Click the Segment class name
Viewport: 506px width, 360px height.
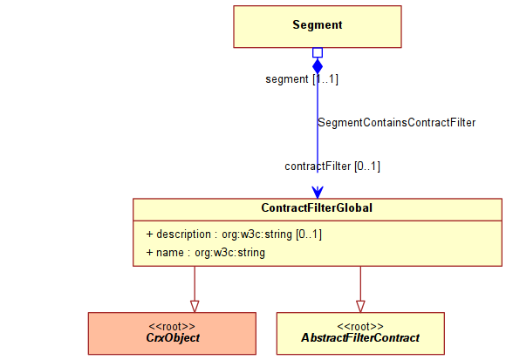(x=318, y=24)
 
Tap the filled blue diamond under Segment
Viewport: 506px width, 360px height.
(x=318, y=66)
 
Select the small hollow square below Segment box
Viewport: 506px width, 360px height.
(x=318, y=52)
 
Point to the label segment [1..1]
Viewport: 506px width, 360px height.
(x=302, y=79)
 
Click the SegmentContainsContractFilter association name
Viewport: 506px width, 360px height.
(x=397, y=123)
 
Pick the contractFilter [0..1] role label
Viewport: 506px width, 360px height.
(x=332, y=166)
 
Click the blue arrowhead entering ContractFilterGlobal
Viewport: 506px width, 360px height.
(x=318, y=192)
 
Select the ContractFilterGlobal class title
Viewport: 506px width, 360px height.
(x=317, y=207)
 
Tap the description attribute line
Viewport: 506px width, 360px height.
(x=234, y=234)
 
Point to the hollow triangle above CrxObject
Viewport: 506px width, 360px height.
(x=195, y=306)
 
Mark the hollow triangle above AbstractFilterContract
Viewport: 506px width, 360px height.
(x=360, y=306)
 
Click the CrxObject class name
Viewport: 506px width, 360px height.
(x=173, y=337)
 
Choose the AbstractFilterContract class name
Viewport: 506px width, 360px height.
(x=360, y=337)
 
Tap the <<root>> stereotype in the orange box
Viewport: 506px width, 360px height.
(x=172, y=327)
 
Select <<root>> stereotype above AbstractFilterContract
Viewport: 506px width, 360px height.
(x=360, y=327)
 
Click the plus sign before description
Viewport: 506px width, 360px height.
(x=149, y=234)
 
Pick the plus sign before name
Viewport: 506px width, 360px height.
(x=149, y=253)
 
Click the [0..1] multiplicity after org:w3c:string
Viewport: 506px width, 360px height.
(x=309, y=234)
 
